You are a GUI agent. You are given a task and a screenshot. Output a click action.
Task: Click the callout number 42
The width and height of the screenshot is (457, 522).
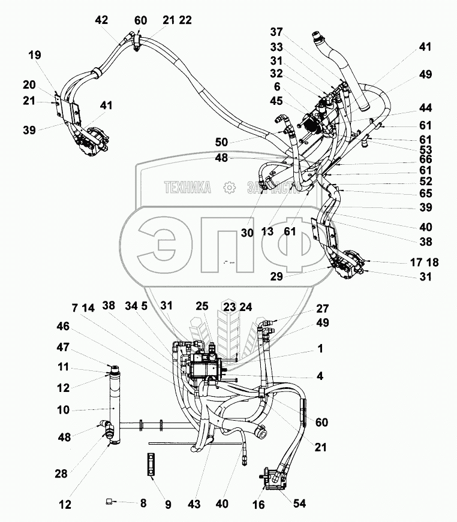click(x=101, y=20)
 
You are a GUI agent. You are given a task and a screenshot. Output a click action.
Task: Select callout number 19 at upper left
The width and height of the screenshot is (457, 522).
click(x=35, y=56)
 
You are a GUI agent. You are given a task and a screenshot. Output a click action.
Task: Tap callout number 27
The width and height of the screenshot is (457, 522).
click(x=323, y=309)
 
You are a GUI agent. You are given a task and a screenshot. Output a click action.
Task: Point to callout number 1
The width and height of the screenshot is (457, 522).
click(x=320, y=348)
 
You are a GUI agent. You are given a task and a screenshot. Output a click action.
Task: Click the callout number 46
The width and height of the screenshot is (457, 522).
click(x=63, y=327)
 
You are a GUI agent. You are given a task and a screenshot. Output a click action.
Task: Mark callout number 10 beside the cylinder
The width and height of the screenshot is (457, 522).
click(x=63, y=411)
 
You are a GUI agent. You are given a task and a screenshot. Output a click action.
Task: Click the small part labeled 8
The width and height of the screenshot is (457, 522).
click(x=108, y=501)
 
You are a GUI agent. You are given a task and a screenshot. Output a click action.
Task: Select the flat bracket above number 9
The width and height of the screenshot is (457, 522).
click(x=151, y=465)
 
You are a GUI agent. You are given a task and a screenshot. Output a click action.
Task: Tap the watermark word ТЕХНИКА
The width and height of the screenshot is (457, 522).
click(x=188, y=188)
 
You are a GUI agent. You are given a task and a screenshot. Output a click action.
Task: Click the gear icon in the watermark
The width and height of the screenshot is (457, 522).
click(x=228, y=188)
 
